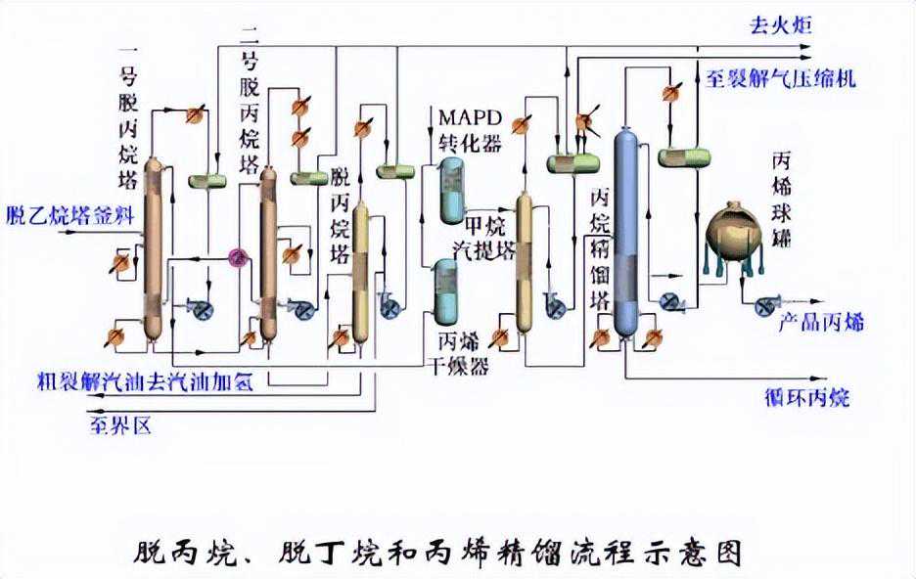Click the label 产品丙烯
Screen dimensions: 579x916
tap(820, 323)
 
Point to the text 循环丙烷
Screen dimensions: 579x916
tap(807, 397)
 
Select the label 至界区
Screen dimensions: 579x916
tap(120, 425)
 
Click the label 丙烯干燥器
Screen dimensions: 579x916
tap(462, 356)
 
